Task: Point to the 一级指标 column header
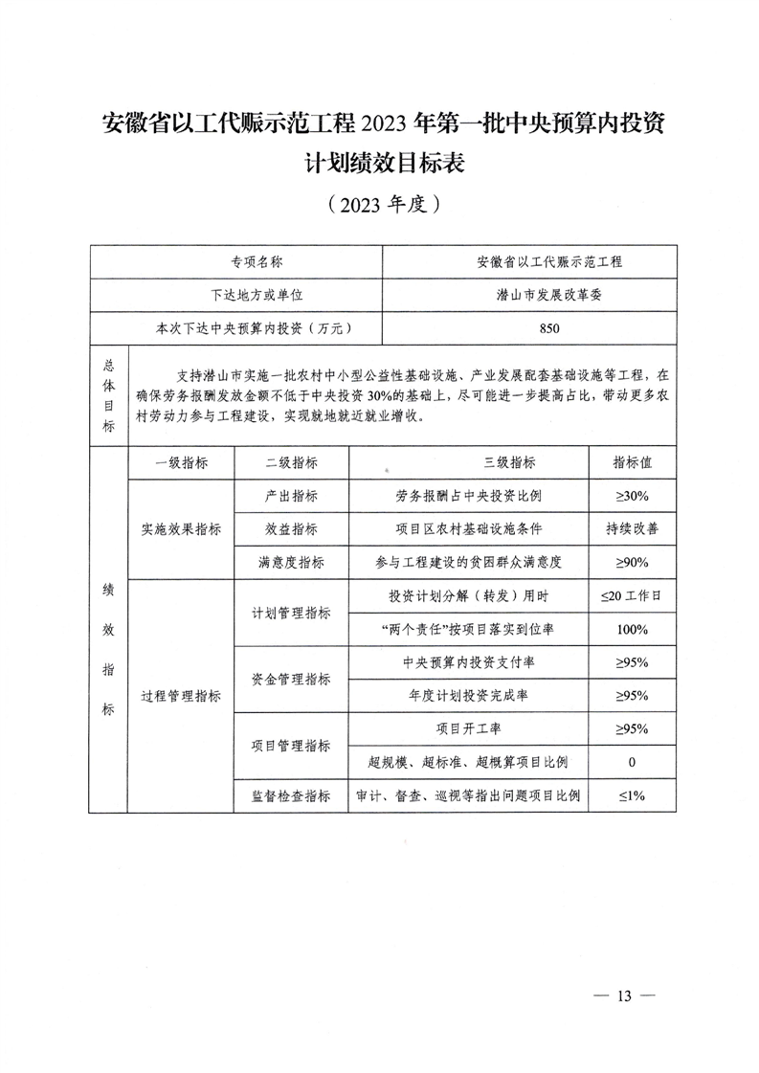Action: [180, 462]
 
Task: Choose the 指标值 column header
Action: [632, 462]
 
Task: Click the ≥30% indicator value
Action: [632, 496]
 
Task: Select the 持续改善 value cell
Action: [632, 528]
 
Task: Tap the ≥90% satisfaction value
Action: [632, 562]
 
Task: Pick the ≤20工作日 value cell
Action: [632, 595]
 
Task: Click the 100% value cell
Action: [632, 629]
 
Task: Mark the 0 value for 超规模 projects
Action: [632, 762]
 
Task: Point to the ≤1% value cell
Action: [632, 795]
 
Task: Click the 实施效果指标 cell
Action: [180, 529]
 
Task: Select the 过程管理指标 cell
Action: [180, 696]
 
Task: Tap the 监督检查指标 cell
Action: [291, 795]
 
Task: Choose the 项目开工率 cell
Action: [468, 728]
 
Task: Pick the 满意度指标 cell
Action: [291, 562]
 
